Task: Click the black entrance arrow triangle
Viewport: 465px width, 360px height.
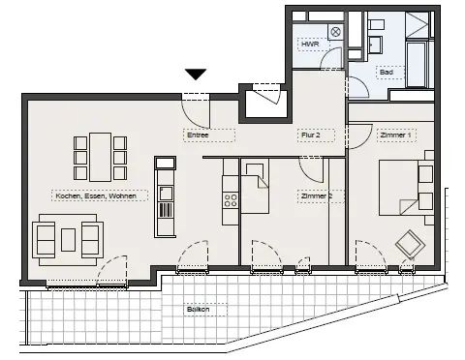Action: (x=196, y=74)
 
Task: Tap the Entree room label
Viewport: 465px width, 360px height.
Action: (x=198, y=135)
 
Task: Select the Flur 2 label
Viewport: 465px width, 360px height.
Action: (x=311, y=135)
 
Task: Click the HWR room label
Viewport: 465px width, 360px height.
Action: (x=310, y=45)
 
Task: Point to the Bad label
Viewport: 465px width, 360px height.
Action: (x=387, y=72)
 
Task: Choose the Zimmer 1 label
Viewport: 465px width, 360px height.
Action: (x=395, y=135)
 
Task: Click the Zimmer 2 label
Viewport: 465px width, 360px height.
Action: (x=317, y=196)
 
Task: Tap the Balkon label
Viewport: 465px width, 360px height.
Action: (x=198, y=309)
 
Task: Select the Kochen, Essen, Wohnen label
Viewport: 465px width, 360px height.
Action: (x=96, y=195)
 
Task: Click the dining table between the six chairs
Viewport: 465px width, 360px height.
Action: (x=101, y=157)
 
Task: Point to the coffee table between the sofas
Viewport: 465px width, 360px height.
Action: (x=68, y=240)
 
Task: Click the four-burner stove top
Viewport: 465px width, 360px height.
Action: (x=231, y=200)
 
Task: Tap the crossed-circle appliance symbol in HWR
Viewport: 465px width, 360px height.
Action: (x=336, y=32)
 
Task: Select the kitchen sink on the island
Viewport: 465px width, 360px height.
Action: (x=166, y=194)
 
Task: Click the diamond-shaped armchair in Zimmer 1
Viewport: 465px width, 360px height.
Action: (x=410, y=243)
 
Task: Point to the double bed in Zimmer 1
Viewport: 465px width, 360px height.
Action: (x=406, y=188)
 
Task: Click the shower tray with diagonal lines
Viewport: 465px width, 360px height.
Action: (x=418, y=25)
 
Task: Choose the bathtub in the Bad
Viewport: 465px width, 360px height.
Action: (x=417, y=64)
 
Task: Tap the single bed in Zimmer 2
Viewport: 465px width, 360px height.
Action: (x=255, y=186)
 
